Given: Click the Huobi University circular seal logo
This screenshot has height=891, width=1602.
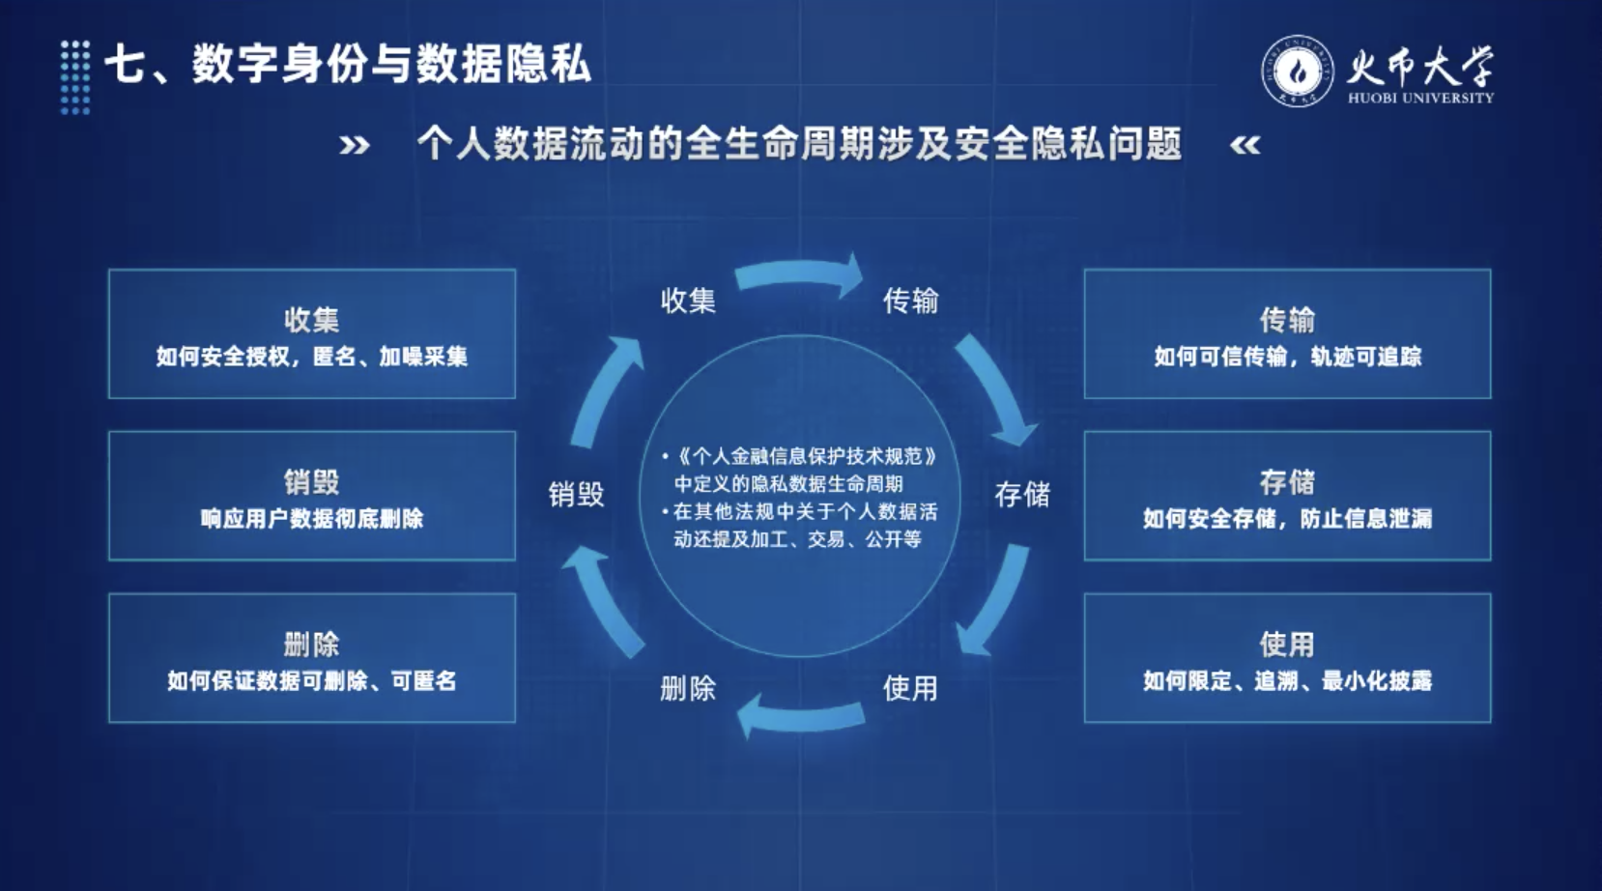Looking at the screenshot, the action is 1298,71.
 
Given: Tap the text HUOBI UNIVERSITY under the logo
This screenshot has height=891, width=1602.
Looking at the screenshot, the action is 1420,98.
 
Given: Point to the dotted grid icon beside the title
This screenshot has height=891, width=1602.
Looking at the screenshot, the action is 75,77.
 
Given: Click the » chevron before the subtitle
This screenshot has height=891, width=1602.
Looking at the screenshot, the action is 355,145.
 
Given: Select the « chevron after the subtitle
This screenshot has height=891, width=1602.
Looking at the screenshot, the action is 1244,145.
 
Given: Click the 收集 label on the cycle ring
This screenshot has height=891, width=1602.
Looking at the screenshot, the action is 688,300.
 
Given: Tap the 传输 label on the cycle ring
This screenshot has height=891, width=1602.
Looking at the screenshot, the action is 910,301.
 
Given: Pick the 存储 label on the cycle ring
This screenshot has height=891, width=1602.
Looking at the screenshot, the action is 1022,494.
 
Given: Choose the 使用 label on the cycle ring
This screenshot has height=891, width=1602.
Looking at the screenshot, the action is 910,688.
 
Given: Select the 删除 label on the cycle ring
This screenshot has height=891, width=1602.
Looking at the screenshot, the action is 688,689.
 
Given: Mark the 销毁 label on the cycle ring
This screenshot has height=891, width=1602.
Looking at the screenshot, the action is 577,494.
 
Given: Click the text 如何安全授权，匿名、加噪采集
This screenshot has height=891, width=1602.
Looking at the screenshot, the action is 312,357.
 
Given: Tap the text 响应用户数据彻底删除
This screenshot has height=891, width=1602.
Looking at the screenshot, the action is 312,518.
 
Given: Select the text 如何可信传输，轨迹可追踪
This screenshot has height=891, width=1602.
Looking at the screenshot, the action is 1287,357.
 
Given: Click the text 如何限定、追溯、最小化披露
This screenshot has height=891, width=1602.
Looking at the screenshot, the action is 1287,680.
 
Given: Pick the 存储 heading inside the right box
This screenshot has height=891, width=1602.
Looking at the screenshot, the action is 1287,482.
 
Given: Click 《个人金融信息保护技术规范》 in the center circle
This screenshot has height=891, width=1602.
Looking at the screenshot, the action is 805,456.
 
